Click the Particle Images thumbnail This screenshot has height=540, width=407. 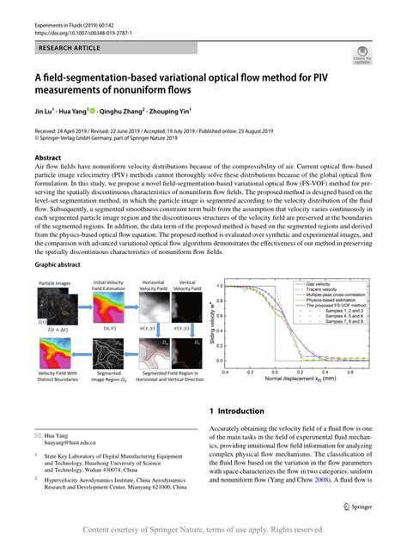pyautogui.click(x=53, y=306)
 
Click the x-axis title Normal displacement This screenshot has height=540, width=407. pyautogui.click(x=298, y=378)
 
